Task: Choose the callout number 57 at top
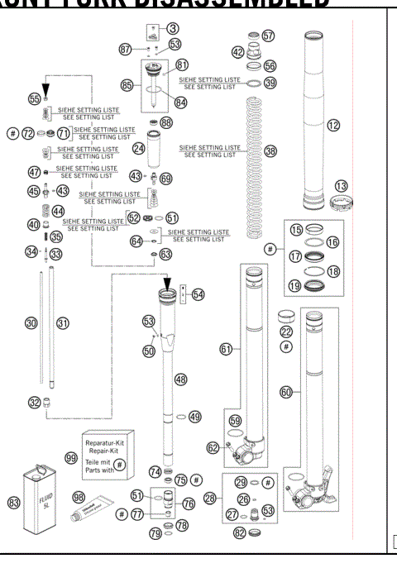pyautogui.click(x=268, y=36)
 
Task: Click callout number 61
pyautogui.click(x=225, y=350)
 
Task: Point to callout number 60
pyautogui.click(x=286, y=394)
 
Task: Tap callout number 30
pyautogui.click(x=31, y=323)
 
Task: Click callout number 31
pyautogui.click(x=61, y=323)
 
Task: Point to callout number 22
pyautogui.click(x=287, y=332)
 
